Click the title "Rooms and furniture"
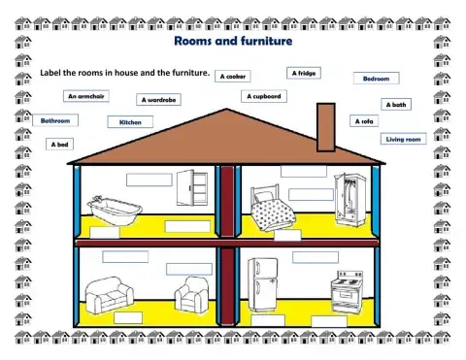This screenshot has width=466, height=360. pos(232,42)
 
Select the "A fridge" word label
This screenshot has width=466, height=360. pos(302,72)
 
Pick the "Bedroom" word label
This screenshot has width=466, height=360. pos(377,78)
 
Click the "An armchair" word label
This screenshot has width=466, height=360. pos(87,96)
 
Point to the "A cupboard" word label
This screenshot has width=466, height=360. pos(263,96)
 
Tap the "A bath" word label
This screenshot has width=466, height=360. pos(396,104)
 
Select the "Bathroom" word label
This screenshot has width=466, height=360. pos(55,120)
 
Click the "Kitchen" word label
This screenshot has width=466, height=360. pos(130,122)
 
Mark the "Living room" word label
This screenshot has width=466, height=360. pos(403,140)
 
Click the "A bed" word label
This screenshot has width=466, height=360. pos(59,144)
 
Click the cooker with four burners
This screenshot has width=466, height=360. pos(345,289)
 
